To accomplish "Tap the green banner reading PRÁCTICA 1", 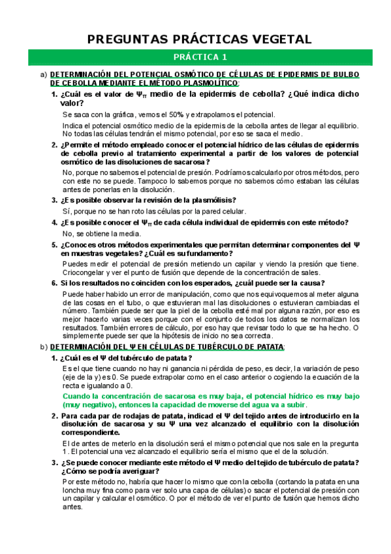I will click(195, 57).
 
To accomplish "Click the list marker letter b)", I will click(43, 346).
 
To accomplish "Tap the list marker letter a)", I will click(44, 74).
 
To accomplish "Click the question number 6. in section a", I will click(55, 283).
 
